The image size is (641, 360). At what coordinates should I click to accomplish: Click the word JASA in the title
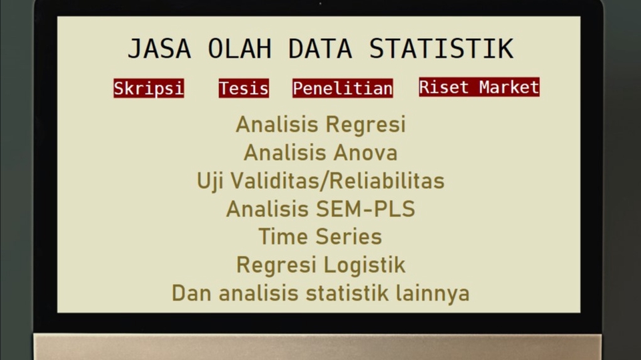point(159,49)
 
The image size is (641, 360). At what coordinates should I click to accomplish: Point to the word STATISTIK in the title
point(441,49)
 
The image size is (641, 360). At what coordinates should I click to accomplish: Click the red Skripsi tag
point(148,88)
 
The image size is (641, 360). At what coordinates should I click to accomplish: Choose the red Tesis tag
point(244,88)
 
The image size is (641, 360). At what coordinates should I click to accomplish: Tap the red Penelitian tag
point(343,88)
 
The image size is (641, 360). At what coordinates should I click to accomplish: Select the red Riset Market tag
point(479,87)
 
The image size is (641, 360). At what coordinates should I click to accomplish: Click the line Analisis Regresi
point(320,124)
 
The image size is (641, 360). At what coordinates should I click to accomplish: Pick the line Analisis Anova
point(320,152)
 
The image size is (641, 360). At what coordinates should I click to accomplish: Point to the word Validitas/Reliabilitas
point(339,180)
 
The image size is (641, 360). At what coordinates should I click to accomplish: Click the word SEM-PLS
point(365,209)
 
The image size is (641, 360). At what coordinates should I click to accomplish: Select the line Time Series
point(320,236)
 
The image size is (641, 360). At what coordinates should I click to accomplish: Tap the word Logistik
point(364,264)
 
